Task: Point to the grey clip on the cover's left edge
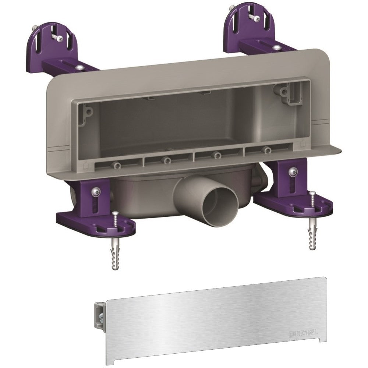[100, 316]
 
